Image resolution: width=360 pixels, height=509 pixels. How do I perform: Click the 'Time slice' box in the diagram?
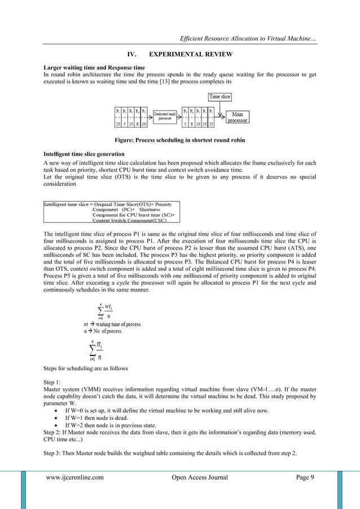point(223,96)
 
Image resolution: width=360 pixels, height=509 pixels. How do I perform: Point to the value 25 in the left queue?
point(117,124)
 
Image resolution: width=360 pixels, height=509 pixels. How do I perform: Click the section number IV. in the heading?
point(132,55)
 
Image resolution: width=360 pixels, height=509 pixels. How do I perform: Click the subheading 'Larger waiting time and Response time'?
point(86,67)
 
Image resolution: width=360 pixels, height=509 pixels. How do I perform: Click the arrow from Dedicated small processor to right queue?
point(179,117)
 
